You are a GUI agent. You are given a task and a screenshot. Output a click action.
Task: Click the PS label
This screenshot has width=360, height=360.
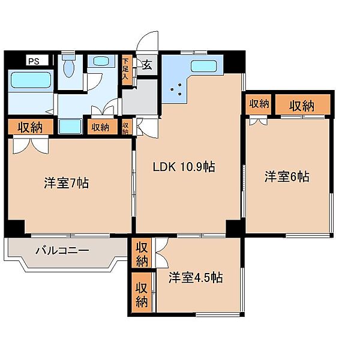pos(34,61)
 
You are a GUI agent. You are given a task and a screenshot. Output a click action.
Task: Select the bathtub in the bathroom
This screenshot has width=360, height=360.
pos(31,80)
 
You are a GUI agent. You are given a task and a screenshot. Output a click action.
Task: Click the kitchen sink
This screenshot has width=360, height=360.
pos(204,66)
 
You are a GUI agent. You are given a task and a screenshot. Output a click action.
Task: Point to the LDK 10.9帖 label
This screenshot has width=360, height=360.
pos(184,167)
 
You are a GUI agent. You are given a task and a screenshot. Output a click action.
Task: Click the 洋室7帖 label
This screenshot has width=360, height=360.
pos(66,183)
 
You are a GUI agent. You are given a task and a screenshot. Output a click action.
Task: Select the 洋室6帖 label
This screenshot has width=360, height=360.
pos(287,176)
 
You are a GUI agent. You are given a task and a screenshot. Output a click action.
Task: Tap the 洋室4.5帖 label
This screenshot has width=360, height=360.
pos(196,277)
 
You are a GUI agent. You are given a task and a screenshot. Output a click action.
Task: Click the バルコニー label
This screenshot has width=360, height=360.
pos(62,250)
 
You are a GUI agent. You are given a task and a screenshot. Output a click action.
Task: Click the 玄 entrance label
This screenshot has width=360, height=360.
pos(147,65)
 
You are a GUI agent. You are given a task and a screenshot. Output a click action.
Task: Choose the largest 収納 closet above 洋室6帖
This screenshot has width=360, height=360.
pos(302,104)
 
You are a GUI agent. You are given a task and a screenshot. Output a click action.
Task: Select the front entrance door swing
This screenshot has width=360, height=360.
pos(147,41)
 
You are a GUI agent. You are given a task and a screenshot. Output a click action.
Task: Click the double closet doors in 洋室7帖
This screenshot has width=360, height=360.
pos(31,145)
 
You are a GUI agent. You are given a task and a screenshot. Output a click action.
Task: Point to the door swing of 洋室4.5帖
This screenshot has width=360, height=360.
pos(161,253)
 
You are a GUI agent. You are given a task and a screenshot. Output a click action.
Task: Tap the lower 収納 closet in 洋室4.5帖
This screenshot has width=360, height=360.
pos(142,292)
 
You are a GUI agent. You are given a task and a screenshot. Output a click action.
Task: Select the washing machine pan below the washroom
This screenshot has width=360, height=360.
pos(70,126)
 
